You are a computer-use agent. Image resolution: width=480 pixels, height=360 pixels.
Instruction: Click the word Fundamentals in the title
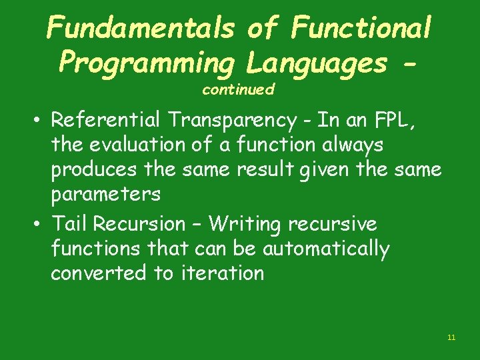coord(139,28)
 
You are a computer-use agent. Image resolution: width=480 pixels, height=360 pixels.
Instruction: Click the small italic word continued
coord(238,89)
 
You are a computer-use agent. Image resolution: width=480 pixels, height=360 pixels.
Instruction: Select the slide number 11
coord(451,337)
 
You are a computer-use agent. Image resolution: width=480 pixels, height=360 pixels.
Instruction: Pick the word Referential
coord(106,120)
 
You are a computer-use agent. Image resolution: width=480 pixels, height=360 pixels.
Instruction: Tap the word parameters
coord(106,195)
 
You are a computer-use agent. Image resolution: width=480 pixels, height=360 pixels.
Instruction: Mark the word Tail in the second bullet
coord(70,223)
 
